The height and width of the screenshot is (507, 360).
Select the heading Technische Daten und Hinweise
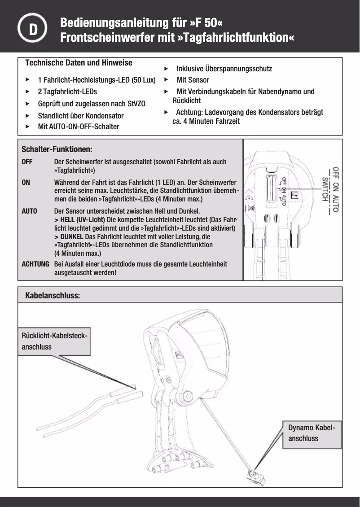(79, 62)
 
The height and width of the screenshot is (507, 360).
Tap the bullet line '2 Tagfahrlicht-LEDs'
(67, 92)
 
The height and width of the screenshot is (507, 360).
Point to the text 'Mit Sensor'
(193, 80)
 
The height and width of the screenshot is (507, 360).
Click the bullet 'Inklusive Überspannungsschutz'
(224, 69)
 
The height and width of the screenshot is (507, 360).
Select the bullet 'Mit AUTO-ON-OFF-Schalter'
(78, 127)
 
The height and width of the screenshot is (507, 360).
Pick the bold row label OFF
(27, 162)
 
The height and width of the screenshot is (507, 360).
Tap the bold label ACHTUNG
(35, 264)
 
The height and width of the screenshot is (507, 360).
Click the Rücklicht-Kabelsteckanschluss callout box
(54, 341)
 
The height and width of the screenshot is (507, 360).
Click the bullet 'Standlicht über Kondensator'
(80, 115)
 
